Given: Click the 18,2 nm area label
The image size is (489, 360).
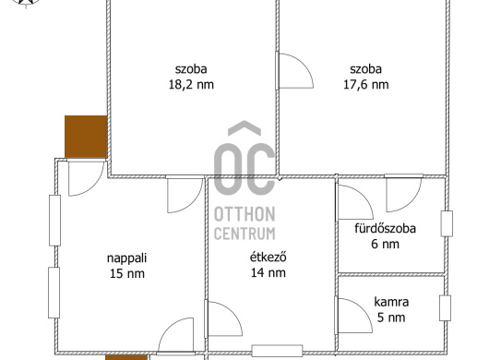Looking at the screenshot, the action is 191,85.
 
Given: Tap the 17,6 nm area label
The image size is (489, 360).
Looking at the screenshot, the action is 365,85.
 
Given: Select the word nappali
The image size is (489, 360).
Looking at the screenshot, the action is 127,258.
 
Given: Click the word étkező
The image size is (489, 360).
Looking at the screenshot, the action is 268,257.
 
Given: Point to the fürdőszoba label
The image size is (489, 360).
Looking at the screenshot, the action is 385,228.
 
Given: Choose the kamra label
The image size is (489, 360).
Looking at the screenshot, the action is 391,302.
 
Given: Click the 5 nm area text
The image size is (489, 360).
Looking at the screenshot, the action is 391,318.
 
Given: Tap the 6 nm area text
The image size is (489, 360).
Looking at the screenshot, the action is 385,244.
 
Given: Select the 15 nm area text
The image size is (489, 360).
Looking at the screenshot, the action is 127,273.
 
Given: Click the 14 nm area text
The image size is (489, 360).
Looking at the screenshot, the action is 268,272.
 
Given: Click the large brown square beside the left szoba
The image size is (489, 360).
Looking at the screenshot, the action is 86,137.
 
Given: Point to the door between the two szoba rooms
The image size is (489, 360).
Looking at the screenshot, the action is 294,71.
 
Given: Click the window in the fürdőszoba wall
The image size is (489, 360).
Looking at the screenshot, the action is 447,223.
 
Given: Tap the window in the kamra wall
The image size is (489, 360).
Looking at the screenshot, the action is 445,308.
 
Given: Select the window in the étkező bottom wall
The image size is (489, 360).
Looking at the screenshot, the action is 277,351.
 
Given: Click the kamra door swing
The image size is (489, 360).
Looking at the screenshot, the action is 353,316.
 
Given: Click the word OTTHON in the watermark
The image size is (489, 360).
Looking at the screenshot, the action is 244,214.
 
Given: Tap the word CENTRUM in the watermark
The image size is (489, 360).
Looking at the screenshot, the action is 244,234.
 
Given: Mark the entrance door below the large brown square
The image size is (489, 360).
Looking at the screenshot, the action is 86,178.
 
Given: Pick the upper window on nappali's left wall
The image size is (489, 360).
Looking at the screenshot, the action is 54,221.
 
